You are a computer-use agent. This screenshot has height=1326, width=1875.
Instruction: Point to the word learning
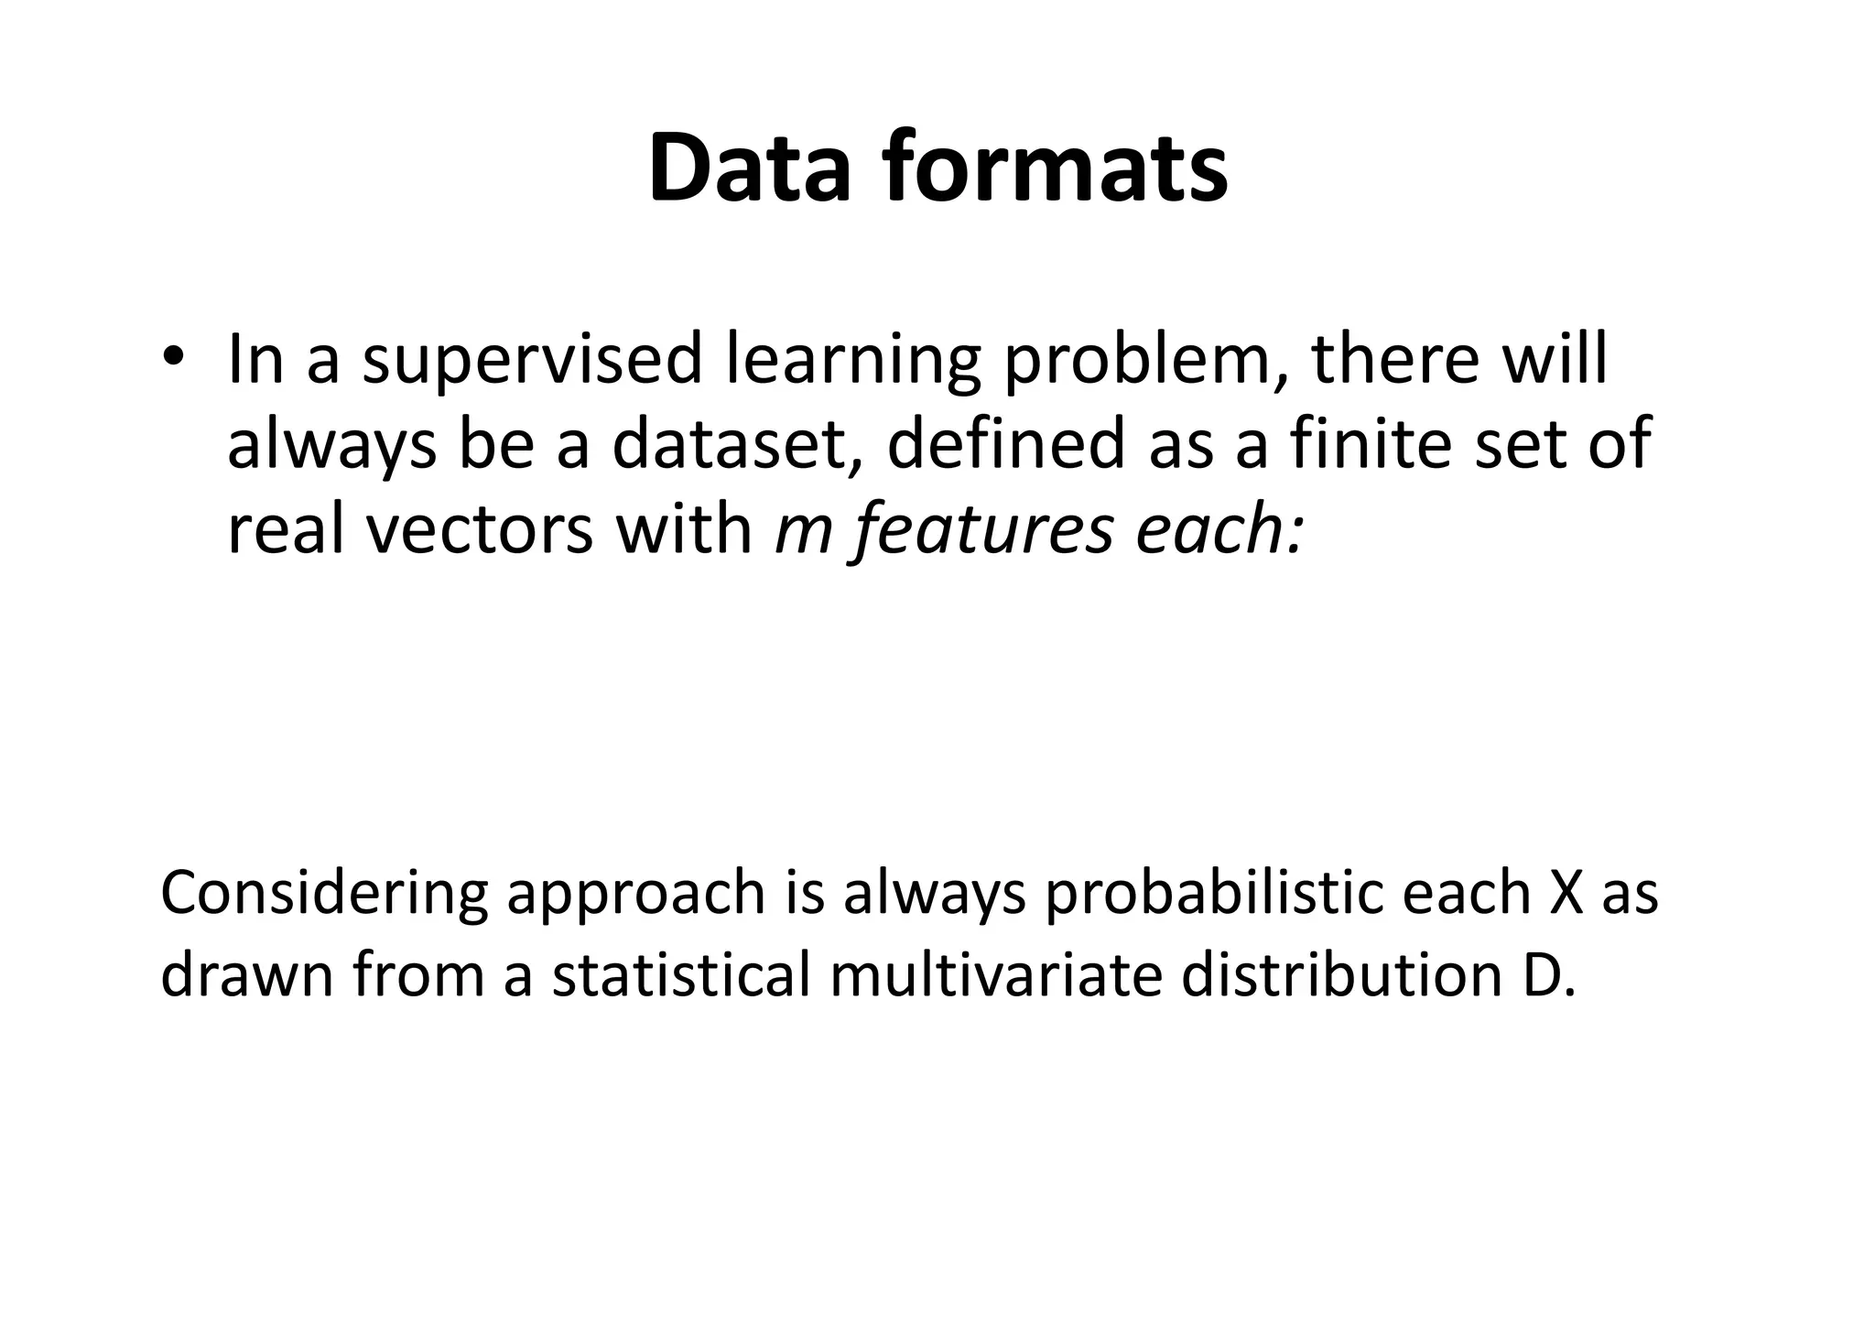coord(853,361)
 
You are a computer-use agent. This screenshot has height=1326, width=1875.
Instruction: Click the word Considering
coord(326,895)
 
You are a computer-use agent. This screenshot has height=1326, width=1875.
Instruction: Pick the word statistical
coord(681,976)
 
